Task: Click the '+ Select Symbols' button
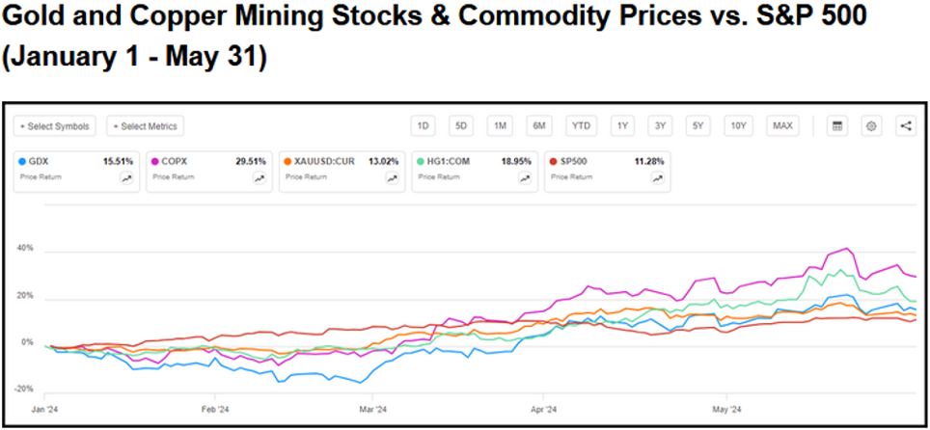pyautogui.click(x=55, y=126)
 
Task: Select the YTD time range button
pyautogui.click(x=580, y=126)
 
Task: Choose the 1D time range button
pyautogui.click(x=422, y=126)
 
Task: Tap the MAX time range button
pyautogui.click(x=782, y=126)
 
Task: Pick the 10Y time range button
pyautogui.click(x=738, y=126)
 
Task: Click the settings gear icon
pyautogui.click(x=872, y=126)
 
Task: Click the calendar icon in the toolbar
pyautogui.click(x=837, y=126)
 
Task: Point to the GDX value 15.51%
pyautogui.click(x=118, y=162)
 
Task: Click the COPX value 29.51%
pyautogui.click(x=250, y=162)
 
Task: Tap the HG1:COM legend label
pyautogui.click(x=447, y=162)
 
